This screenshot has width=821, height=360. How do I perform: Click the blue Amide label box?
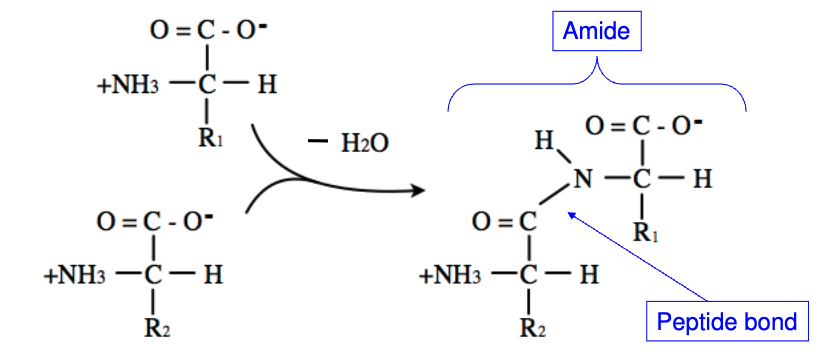point(598,32)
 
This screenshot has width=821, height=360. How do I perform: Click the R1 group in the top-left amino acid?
point(211,138)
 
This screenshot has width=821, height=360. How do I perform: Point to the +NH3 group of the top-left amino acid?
point(125,85)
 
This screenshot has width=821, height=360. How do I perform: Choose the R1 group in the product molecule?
point(646,234)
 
